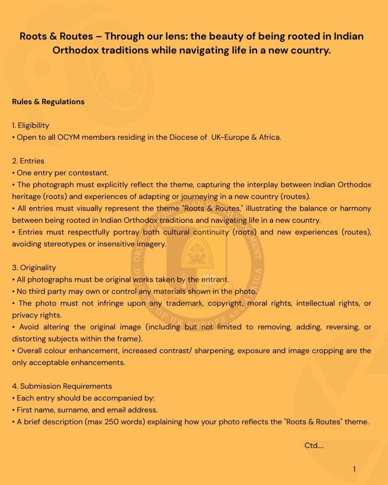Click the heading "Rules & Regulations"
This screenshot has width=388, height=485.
click(48, 102)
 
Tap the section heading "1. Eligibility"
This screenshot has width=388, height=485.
click(31, 125)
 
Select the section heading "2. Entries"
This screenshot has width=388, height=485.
click(28, 161)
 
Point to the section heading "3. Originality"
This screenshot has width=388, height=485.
click(34, 268)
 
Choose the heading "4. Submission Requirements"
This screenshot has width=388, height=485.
click(62, 386)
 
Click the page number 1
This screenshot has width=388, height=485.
click(354, 469)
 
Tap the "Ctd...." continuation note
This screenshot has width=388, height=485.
click(314, 446)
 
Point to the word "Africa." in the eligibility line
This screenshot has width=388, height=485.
click(270, 137)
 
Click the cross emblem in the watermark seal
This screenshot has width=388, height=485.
click(197, 251)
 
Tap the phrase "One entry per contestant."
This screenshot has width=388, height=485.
click(63, 173)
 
